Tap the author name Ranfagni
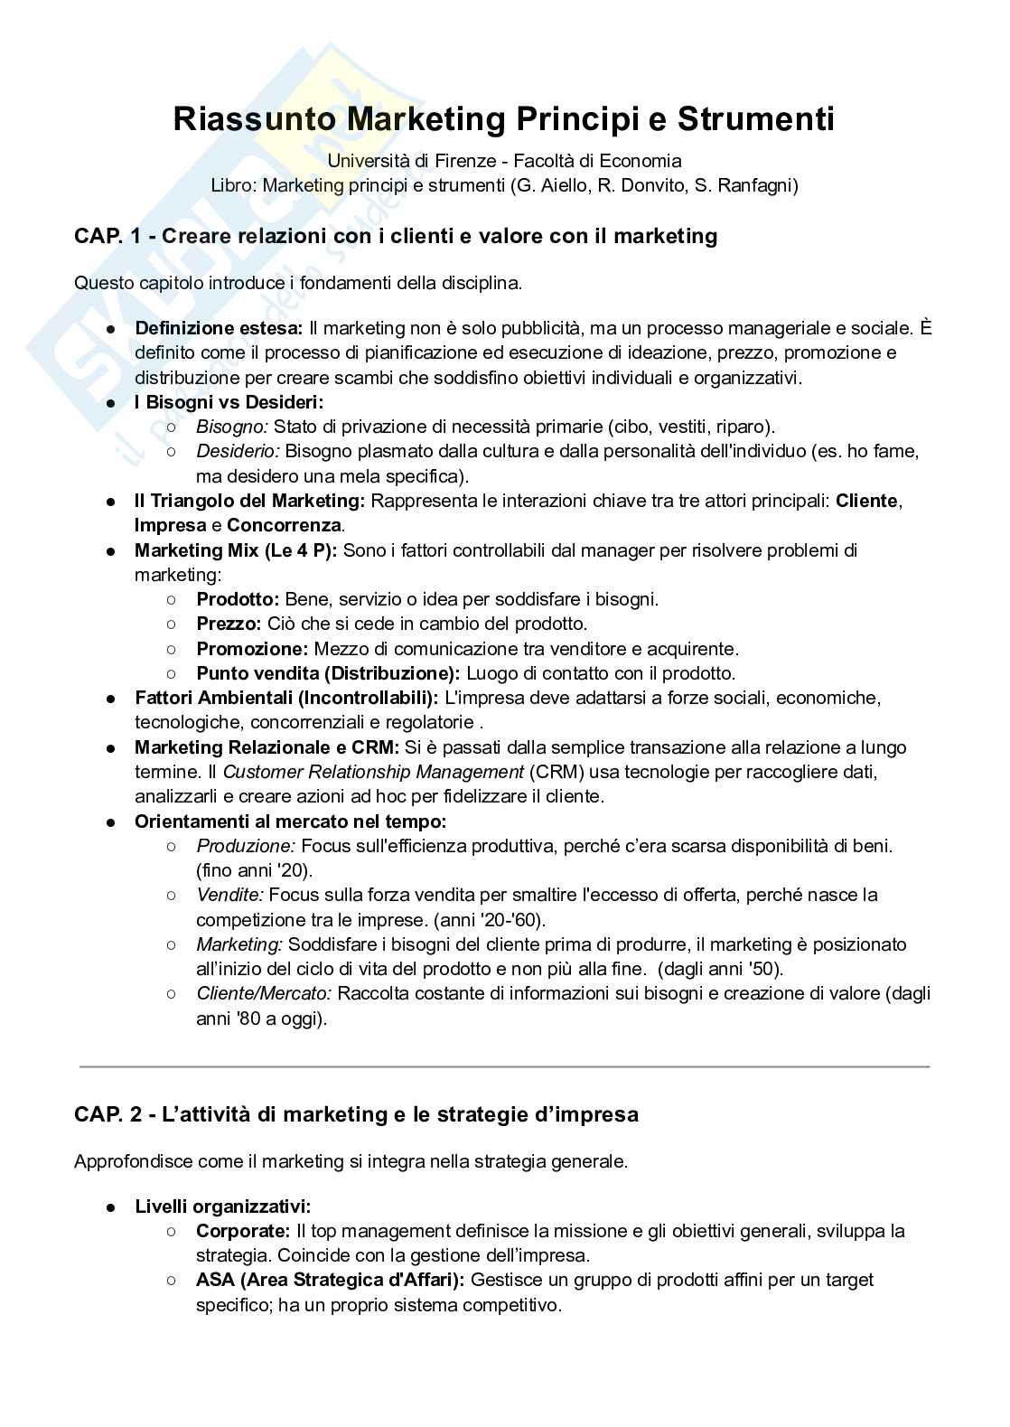(760, 186)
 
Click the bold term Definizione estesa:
(219, 328)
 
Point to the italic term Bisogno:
(232, 427)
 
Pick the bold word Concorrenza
(284, 525)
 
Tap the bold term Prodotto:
(238, 599)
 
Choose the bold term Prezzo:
(229, 624)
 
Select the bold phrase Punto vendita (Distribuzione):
(328, 673)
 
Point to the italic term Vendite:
(229, 895)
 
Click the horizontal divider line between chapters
(504, 1067)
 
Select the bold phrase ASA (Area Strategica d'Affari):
(331, 1280)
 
